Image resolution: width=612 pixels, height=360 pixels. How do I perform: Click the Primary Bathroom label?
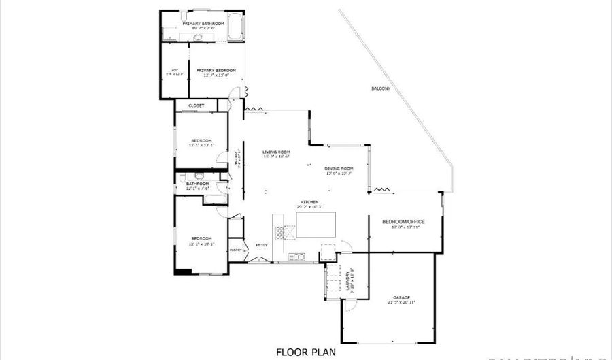203,23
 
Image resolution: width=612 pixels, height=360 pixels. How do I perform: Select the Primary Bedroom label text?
216,70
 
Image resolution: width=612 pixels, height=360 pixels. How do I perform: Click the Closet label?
197,105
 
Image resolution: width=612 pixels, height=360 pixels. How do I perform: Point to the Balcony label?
381,89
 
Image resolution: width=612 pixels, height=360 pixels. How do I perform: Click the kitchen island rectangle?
317,224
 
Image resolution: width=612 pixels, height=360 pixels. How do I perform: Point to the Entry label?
261,245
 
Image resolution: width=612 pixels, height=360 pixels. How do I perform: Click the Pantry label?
236,250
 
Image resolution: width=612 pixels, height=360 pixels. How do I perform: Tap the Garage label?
401,297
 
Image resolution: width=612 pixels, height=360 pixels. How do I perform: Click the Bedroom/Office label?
404,221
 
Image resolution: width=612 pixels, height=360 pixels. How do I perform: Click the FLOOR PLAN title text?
305,352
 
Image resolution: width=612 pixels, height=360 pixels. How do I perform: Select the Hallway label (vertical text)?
236,159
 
